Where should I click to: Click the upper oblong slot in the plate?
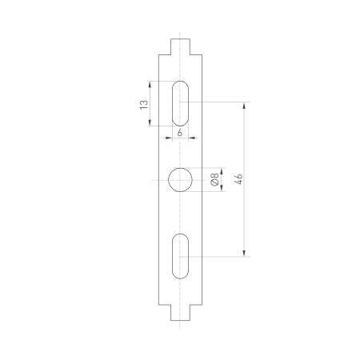(180, 102)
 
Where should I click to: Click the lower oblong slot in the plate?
(180, 256)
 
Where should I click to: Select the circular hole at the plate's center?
(180, 180)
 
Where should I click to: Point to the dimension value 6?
(180, 131)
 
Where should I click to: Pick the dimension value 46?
(238, 179)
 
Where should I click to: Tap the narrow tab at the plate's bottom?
(180, 313)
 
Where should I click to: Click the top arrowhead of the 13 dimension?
(150, 83)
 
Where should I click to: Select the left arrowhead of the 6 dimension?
(170, 138)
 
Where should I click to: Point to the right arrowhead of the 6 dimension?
(190, 138)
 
